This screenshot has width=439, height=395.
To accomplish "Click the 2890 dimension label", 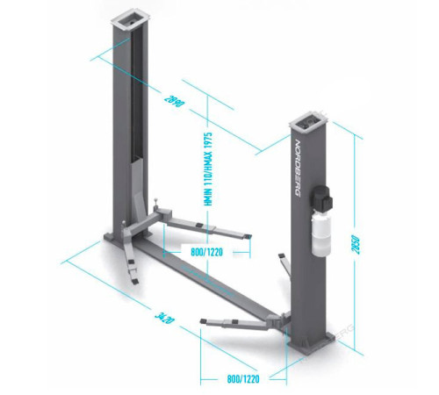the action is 175,101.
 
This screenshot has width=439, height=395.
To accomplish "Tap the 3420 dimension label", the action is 164,318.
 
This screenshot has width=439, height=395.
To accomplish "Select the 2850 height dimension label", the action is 356,244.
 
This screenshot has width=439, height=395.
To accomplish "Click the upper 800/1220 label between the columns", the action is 206,252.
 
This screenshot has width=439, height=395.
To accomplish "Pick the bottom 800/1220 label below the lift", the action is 243,379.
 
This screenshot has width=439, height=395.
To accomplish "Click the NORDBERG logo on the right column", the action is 299,169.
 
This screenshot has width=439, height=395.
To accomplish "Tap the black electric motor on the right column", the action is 322,197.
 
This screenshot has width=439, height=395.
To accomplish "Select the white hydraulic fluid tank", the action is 321,233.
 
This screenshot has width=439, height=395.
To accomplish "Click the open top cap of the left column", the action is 131,23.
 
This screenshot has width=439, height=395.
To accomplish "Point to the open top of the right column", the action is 308,120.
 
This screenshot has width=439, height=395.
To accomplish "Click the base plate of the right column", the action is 312,345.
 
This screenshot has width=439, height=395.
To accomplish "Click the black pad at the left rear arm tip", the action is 248,236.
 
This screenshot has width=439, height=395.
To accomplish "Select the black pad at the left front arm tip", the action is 135,282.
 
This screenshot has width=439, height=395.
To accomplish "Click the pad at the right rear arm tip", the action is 282,255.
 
